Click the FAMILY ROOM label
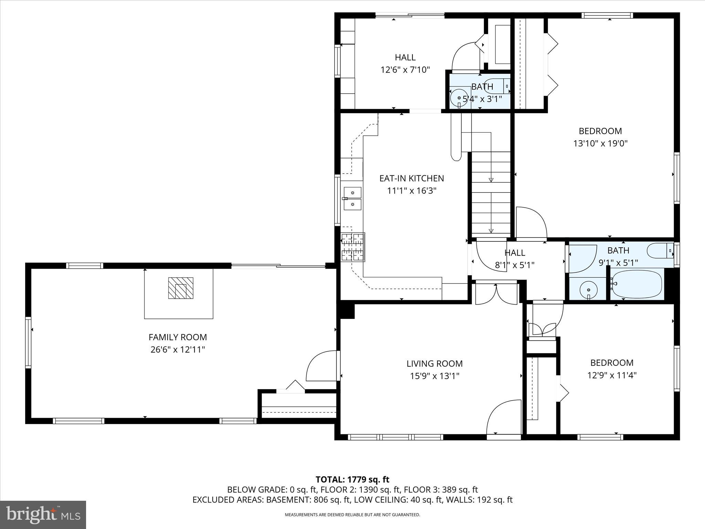pyautogui.click(x=178, y=337)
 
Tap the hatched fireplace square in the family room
pyautogui.click(x=180, y=288)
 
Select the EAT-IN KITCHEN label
pyautogui.click(x=411, y=178)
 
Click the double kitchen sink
pyautogui.click(x=352, y=198)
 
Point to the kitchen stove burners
pyautogui.click(x=352, y=247)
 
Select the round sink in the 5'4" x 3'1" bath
pyautogui.click(x=459, y=98)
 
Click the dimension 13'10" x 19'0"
pyautogui.click(x=600, y=143)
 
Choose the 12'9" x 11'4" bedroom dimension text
pyautogui.click(x=612, y=375)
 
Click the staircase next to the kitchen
pyautogui.click(x=491, y=193)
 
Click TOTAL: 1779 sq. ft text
pyautogui.click(x=352, y=479)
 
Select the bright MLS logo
pyautogui.click(x=43, y=515)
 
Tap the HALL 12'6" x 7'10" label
pyautogui.click(x=405, y=63)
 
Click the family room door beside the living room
pyautogui.click(x=321, y=366)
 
